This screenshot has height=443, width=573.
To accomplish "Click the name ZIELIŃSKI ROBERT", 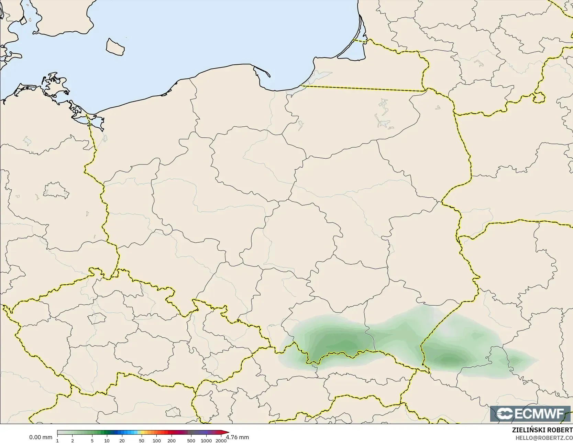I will [542, 430].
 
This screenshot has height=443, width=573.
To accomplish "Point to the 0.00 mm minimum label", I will [41, 437].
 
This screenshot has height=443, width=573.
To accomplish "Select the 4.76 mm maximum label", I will [238, 437].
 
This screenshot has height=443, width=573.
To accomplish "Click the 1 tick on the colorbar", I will [57, 440].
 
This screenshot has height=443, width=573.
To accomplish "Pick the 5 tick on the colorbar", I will [92, 440].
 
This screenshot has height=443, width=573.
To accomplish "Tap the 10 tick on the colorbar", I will [107, 440].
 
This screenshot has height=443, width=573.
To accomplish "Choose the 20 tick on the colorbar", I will [122, 440].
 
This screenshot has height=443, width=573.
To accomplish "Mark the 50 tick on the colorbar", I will [142, 440].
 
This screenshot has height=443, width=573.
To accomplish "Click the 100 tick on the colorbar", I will [157, 440].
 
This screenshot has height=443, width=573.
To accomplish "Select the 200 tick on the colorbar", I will [172, 440].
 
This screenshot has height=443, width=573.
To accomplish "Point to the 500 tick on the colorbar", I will [191, 440].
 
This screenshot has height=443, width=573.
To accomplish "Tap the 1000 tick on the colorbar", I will [206, 440].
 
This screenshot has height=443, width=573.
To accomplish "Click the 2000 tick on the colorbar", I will [221, 440].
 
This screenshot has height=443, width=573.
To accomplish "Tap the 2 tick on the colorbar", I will [72, 440].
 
